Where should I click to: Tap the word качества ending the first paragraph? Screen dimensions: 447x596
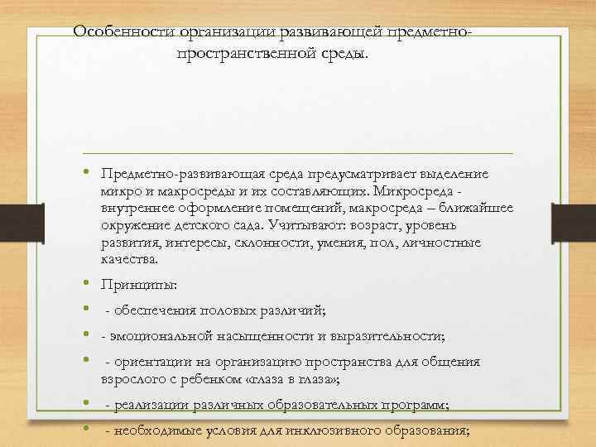coord(128,260)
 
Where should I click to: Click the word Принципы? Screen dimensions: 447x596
coord(137,286)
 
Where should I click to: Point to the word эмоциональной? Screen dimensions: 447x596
coord(151,336)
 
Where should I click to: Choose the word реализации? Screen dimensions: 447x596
coord(148,405)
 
